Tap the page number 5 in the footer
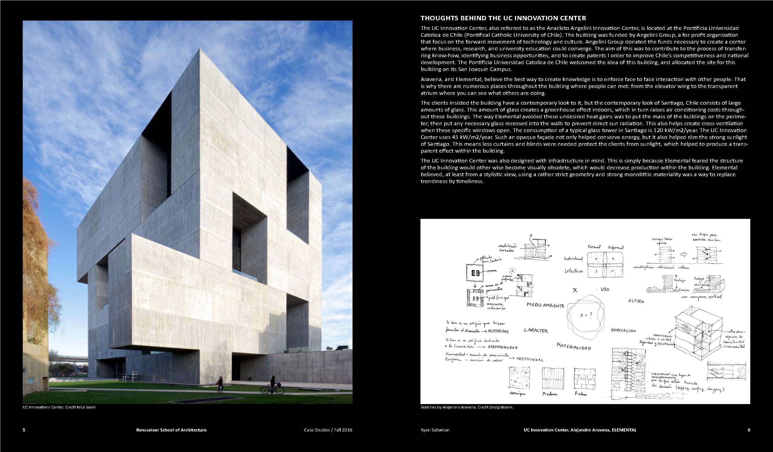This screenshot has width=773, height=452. click(x=24, y=430)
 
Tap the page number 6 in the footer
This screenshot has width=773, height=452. click(x=749, y=430)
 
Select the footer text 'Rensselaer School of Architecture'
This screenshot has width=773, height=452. click(x=171, y=430)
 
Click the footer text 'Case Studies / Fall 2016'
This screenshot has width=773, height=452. click(x=328, y=430)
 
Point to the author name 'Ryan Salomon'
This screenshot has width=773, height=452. click(x=435, y=430)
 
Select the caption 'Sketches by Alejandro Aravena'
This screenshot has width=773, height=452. click(x=466, y=407)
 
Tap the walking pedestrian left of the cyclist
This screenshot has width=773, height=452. click(x=220, y=384)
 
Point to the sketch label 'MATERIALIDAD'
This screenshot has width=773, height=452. click(x=574, y=347)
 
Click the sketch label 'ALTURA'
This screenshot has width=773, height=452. click(x=636, y=301)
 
